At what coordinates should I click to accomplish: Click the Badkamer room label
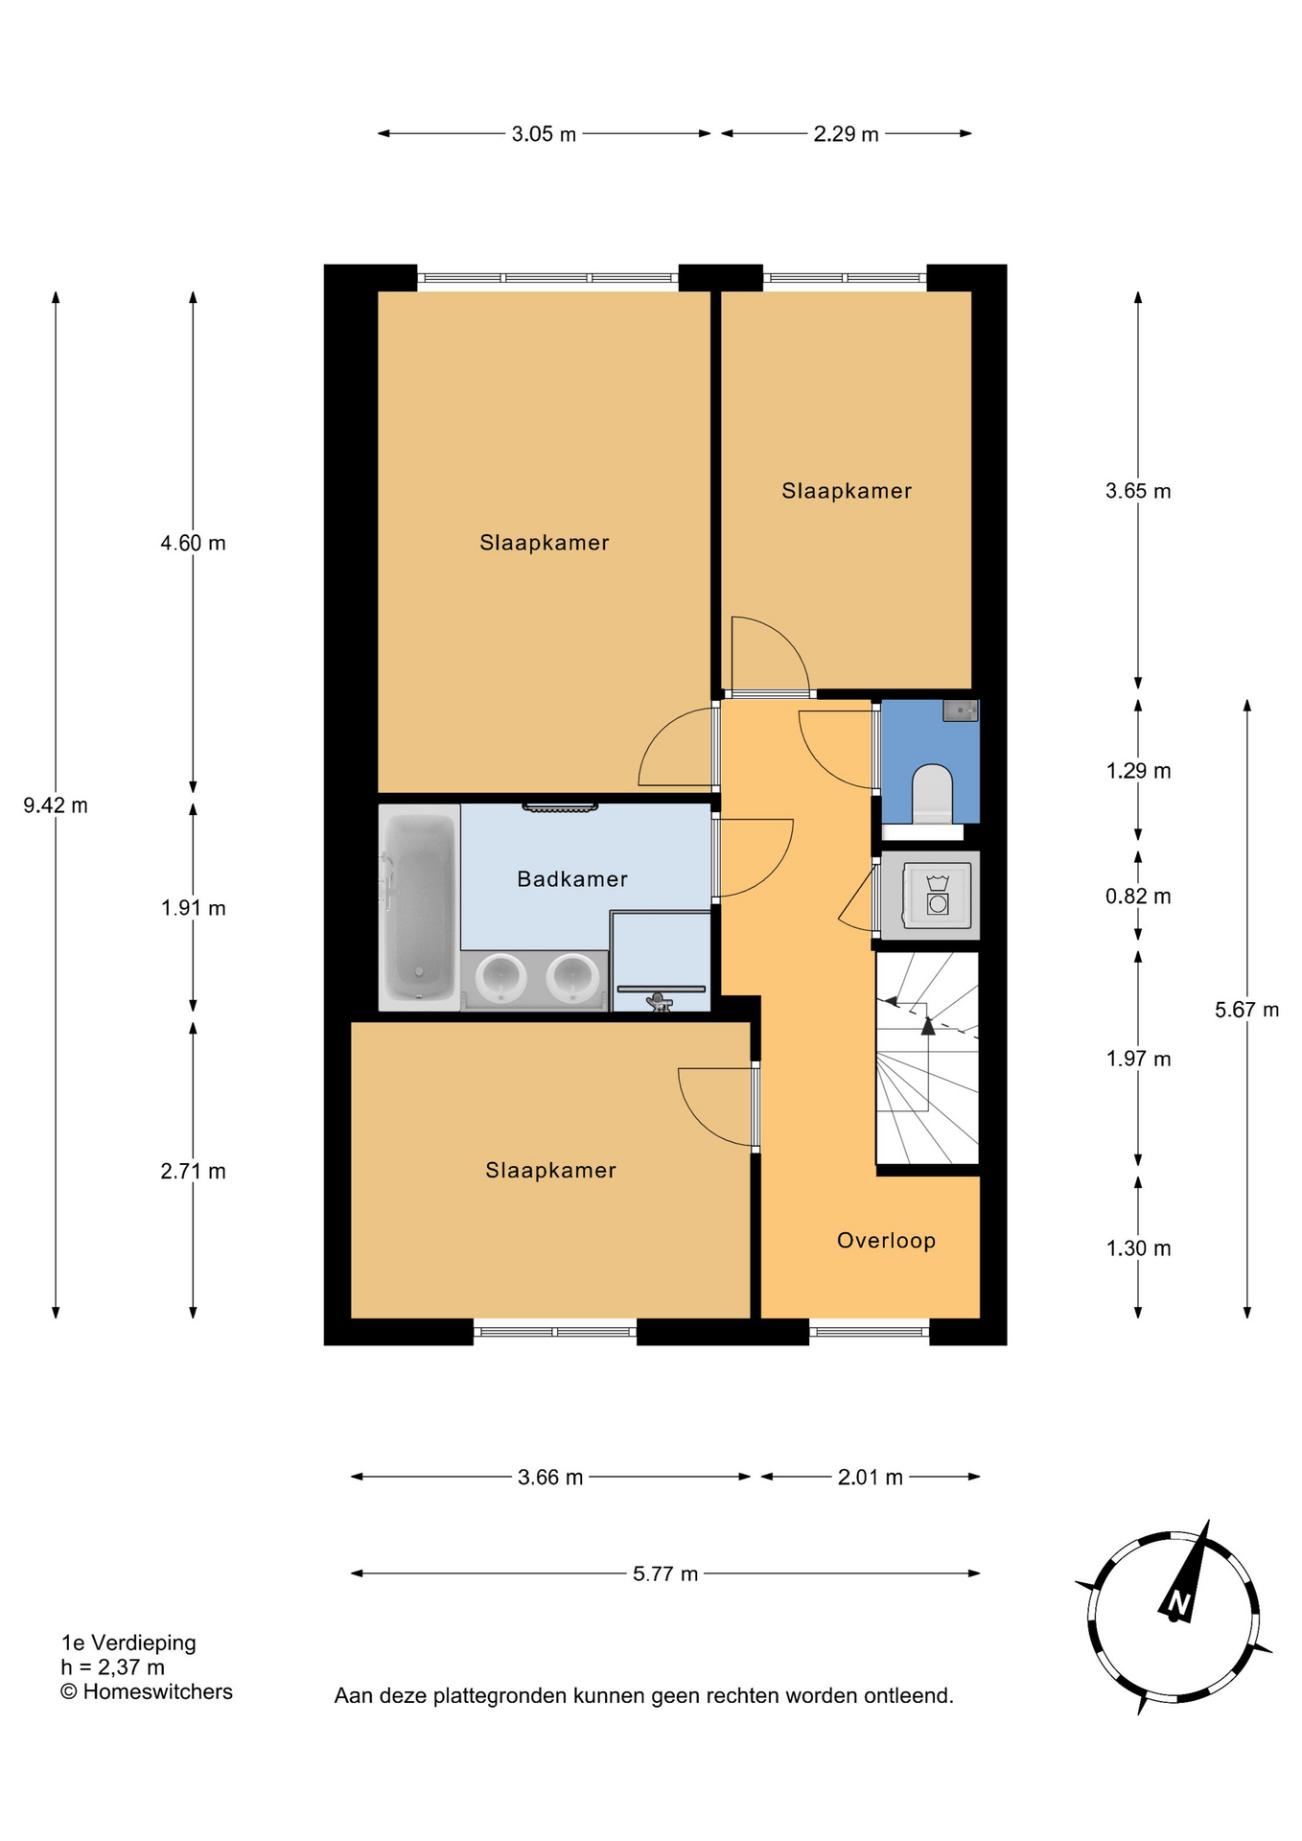(572, 879)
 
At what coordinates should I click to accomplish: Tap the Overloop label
(886, 1241)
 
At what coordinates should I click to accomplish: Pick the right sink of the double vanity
(573, 978)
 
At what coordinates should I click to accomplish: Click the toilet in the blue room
(933, 794)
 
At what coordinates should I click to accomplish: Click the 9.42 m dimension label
(56, 805)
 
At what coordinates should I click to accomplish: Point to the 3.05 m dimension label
(544, 134)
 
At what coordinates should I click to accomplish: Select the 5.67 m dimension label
(1246, 1010)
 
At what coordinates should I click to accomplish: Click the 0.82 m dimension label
(1138, 897)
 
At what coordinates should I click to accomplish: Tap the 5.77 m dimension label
(665, 1573)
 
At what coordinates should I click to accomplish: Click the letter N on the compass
(1178, 1603)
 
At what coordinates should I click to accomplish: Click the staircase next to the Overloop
(927, 1058)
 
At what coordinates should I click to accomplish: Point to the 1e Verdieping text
(128, 1643)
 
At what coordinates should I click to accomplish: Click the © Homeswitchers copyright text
(147, 1691)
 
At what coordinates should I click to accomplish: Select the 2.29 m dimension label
(846, 134)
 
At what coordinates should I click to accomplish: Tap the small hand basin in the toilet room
(961, 711)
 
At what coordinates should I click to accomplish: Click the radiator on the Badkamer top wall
(560, 807)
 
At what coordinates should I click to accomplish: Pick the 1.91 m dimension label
(193, 908)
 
